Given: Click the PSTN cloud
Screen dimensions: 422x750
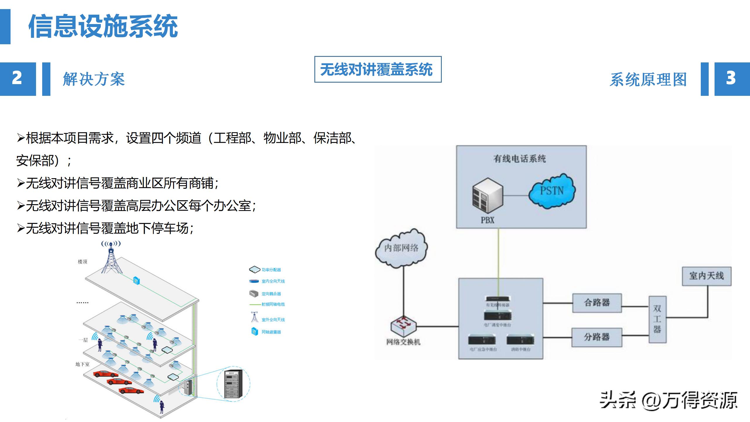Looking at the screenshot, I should [552, 191].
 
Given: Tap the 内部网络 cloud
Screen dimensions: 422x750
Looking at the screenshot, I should [401, 248].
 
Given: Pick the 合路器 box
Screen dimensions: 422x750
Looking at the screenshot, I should [597, 303].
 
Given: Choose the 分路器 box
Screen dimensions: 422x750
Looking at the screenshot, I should [596, 337].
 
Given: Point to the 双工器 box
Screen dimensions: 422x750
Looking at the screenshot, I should [657, 319].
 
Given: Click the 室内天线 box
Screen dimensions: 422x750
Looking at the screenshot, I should [706, 276].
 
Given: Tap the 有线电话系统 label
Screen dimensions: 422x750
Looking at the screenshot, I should [519, 159].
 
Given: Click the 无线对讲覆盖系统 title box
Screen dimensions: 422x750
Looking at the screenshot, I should [378, 69].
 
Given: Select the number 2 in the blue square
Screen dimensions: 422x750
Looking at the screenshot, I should [17, 79].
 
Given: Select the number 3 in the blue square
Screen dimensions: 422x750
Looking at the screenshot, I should [731, 79].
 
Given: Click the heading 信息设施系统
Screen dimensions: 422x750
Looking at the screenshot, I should [103, 26].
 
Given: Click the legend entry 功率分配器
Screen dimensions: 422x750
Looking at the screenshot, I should [271, 270].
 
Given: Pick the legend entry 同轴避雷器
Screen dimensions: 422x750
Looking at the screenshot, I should [271, 332].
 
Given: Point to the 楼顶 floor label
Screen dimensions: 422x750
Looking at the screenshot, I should [82, 262].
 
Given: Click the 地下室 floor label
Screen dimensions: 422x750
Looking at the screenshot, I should [82, 364].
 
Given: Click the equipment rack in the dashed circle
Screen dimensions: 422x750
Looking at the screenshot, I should [233, 384].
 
